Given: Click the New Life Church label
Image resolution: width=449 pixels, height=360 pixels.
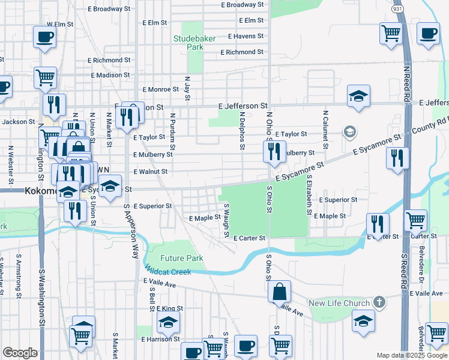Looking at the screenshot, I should click(x=340, y=302).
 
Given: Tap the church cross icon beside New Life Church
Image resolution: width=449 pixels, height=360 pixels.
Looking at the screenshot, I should click(x=379, y=301).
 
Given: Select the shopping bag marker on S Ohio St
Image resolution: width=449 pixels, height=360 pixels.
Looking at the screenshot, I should click(x=280, y=293).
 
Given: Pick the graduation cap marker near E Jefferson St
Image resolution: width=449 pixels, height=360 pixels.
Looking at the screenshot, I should click(x=358, y=96).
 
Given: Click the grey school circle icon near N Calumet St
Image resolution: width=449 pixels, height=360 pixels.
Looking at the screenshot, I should click(x=349, y=131).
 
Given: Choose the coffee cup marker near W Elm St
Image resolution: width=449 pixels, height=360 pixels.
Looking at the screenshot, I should click(x=45, y=38).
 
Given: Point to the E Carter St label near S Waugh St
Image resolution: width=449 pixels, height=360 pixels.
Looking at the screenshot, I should click(x=249, y=238).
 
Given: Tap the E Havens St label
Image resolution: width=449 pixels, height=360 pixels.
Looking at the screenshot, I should click(x=242, y=36).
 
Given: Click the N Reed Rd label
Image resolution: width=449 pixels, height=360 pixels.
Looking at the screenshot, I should click(x=406, y=82).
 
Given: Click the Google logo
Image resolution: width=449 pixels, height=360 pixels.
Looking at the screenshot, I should click(x=20, y=353).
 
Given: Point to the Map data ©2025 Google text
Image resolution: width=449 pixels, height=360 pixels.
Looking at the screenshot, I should click(x=411, y=355).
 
